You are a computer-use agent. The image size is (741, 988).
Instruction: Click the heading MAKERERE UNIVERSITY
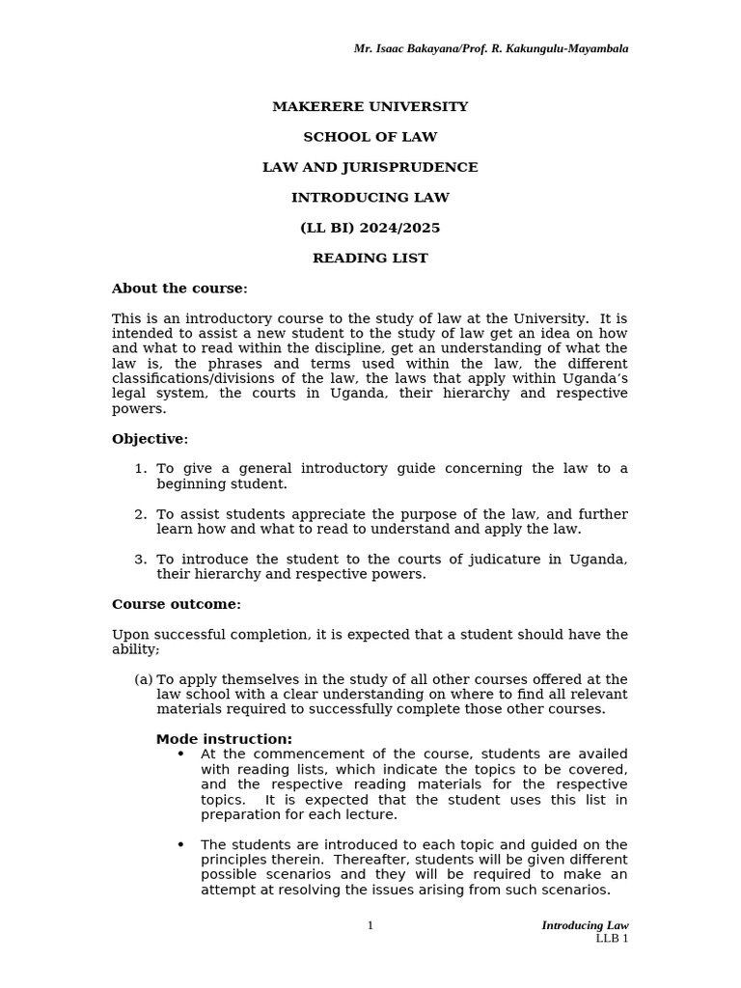coord(370,107)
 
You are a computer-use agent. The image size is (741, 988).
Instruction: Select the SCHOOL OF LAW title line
coord(370,137)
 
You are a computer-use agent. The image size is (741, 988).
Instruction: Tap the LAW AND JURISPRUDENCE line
coord(370,168)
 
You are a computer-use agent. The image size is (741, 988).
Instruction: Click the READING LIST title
coord(370,259)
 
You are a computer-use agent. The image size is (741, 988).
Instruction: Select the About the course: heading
coord(179,288)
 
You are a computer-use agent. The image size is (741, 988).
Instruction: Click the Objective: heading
coord(150,439)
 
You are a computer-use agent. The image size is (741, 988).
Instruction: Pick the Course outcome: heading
coord(177,605)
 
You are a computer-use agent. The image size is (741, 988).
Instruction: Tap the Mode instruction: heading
coord(224,740)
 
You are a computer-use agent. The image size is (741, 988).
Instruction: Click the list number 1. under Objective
coord(141,469)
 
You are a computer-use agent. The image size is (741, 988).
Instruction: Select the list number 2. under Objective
coord(141,514)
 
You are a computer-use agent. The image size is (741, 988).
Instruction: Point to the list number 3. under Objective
coord(141,560)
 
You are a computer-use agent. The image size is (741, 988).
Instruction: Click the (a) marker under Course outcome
coord(144,680)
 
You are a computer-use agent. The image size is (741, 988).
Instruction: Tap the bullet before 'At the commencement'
coord(180,755)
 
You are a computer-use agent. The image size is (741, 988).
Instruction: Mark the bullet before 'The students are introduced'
coord(180,845)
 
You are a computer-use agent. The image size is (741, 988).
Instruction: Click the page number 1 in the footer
coord(370,926)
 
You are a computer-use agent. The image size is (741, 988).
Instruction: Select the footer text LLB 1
coord(611,939)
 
